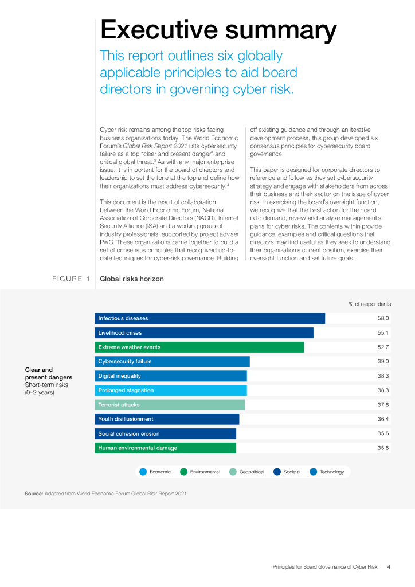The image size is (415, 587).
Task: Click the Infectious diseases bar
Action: click(209, 318)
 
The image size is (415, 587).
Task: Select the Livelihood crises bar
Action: click(203, 332)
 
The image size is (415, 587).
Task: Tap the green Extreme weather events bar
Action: click(199, 347)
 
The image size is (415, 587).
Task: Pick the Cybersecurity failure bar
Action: click(172, 361)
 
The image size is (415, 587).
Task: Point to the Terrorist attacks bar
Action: click(169, 405)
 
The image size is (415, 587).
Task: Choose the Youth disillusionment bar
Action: click(166, 419)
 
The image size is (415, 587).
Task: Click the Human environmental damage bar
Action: click(165, 448)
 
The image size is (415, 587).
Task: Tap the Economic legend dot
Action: click(143, 472)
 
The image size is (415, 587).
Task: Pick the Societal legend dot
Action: click(278, 472)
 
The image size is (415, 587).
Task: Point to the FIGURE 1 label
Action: click(71, 279)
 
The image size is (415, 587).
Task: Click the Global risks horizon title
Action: click(132, 279)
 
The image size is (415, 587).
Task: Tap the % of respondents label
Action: click(370, 304)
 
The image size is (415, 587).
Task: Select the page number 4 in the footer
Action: click(389, 567)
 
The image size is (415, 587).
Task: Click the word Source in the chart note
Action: click(33, 493)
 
